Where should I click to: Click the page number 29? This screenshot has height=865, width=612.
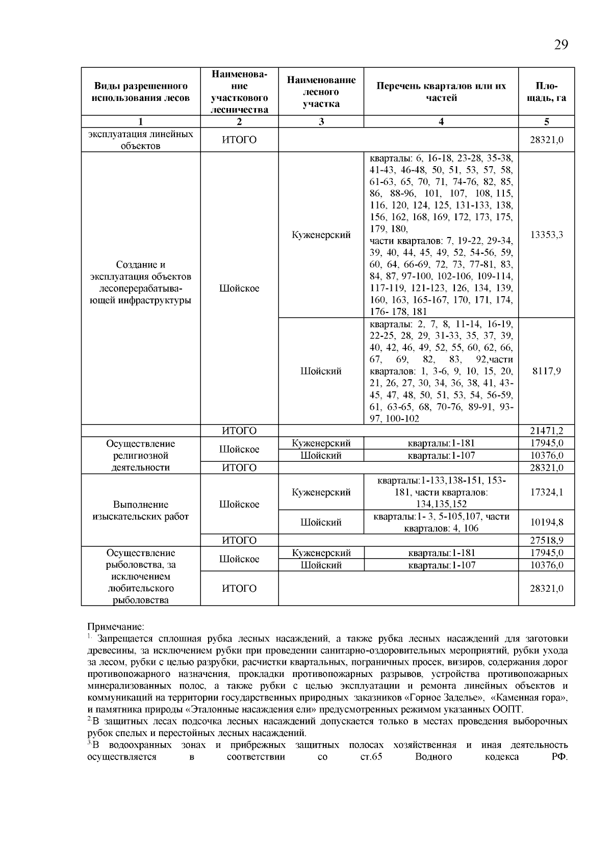560,45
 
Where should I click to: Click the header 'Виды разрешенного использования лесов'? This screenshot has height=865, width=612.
140,92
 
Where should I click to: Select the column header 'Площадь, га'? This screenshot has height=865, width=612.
546,92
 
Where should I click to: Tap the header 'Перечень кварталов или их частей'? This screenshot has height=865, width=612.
441,92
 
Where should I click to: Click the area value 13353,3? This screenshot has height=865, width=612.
546,235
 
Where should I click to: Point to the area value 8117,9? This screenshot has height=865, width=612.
546,371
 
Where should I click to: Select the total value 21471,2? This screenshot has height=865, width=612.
546,431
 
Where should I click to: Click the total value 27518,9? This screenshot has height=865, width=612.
546,540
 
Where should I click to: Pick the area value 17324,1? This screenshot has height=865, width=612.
546,492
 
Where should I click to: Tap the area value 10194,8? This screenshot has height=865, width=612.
546,522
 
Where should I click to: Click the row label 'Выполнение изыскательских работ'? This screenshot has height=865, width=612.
140,511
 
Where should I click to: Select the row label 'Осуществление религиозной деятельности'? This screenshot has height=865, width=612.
140,456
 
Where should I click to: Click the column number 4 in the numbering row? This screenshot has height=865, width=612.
441,122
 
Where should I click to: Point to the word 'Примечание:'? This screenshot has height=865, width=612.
115,626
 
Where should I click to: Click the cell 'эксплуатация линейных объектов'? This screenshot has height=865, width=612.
140,140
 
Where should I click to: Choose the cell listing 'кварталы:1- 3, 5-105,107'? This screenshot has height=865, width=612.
441,522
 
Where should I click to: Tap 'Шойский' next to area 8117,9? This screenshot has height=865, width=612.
321,371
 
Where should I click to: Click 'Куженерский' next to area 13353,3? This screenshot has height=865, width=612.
321,235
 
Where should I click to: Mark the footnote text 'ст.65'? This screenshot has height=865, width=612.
371,757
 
